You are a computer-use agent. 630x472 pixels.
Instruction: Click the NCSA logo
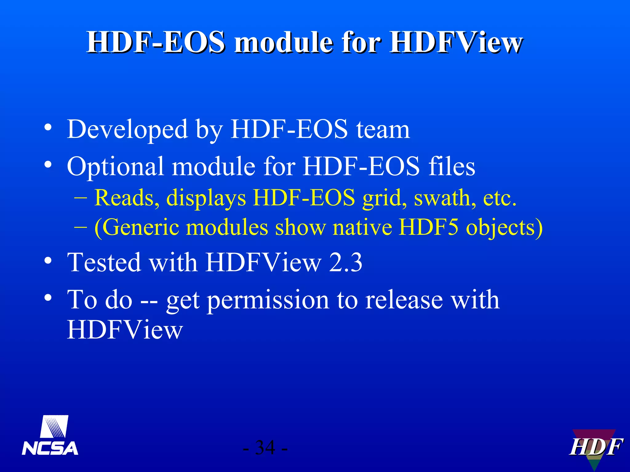click(x=50, y=436)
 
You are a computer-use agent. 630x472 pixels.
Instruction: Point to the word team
click(x=383, y=130)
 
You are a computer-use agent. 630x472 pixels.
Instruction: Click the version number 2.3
click(x=345, y=263)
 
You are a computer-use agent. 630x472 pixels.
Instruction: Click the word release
click(x=404, y=300)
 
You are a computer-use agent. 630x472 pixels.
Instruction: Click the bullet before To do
click(x=48, y=297)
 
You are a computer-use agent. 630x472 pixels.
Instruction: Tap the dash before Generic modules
click(x=81, y=228)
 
